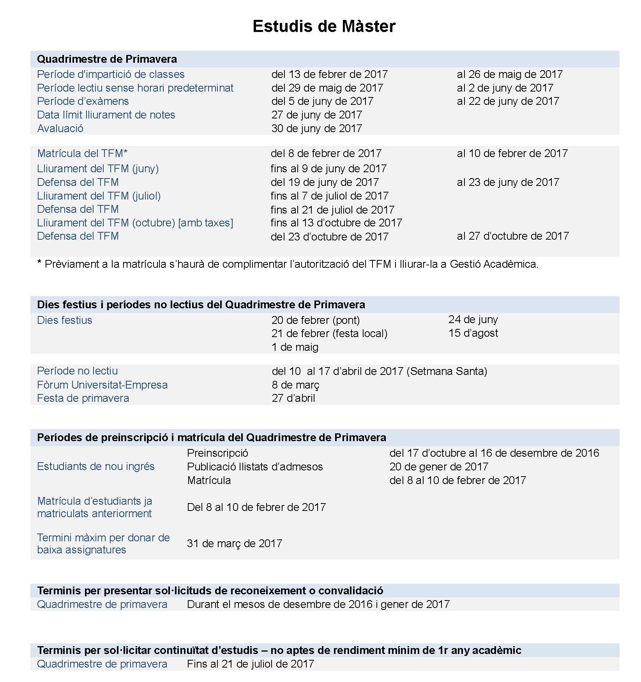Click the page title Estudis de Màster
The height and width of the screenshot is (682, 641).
point(324,27)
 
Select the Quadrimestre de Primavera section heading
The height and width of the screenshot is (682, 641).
point(107,59)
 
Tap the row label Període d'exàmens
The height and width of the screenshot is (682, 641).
point(83,101)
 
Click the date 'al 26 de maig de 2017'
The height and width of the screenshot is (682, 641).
point(509,74)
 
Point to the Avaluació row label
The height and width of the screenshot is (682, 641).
point(60,129)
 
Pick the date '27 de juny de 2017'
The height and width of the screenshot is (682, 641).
point(316,115)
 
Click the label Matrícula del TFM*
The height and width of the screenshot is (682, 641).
point(82,154)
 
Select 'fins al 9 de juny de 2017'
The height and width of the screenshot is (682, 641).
point(328,169)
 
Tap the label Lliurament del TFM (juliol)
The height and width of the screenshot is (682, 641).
point(99,196)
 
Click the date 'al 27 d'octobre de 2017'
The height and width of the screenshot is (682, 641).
point(512,236)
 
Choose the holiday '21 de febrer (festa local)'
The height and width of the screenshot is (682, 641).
point(329,334)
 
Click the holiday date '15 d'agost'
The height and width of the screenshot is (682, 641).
point(473,333)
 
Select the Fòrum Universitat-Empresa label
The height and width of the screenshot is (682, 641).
point(102,385)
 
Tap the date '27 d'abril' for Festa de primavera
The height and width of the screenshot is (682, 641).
point(293,398)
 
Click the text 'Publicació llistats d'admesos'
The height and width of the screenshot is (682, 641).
point(255,467)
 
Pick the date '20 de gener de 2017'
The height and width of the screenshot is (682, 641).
point(438,467)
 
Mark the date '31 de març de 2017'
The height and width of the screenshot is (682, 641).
point(234,544)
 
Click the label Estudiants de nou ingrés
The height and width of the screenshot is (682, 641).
point(95,466)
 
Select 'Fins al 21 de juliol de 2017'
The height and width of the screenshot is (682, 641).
point(250,664)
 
